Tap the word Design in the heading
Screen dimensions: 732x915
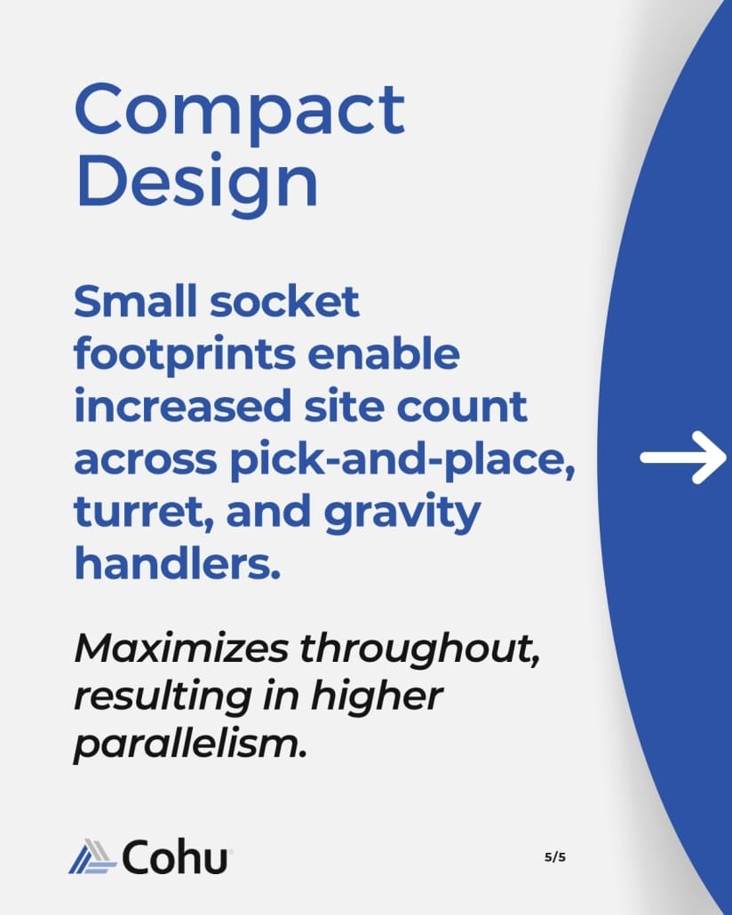(x=197, y=181)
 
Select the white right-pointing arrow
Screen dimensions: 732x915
(x=683, y=457)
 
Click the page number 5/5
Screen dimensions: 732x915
(x=555, y=857)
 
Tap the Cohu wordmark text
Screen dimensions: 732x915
(x=174, y=856)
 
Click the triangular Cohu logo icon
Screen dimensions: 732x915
(x=92, y=856)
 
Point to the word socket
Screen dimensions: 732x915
(x=284, y=301)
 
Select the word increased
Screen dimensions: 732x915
(x=183, y=406)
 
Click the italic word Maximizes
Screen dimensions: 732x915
(x=181, y=648)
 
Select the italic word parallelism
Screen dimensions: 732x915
(x=190, y=744)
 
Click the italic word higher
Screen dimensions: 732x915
(x=377, y=696)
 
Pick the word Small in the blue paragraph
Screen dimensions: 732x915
(x=135, y=301)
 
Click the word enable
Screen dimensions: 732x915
(x=384, y=354)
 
